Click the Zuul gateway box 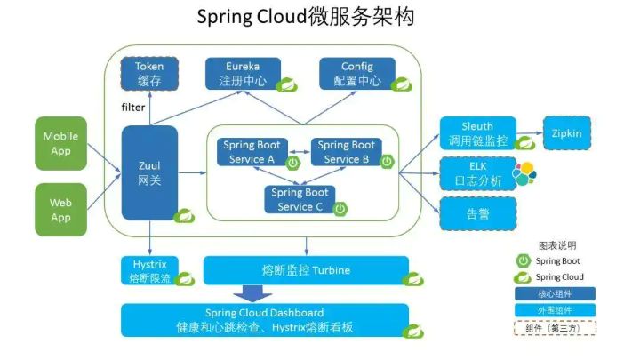click(x=148, y=172)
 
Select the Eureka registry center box click(x=243, y=74)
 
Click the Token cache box click(x=148, y=74)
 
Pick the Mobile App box click(x=60, y=143)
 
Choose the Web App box click(x=60, y=210)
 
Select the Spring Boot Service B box click(x=346, y=151)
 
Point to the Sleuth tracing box click(x=477, y=133)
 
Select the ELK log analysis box click(x=477, y=172)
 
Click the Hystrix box click(x=148, y=270)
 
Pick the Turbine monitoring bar click(x=306, y=270)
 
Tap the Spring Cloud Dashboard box click(x=265, y=320)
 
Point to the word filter click(x=132, y=108)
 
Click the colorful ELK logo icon click(x=525, y=172)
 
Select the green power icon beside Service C click(x=340, y=208)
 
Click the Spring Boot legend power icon click(x=524, y=260)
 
